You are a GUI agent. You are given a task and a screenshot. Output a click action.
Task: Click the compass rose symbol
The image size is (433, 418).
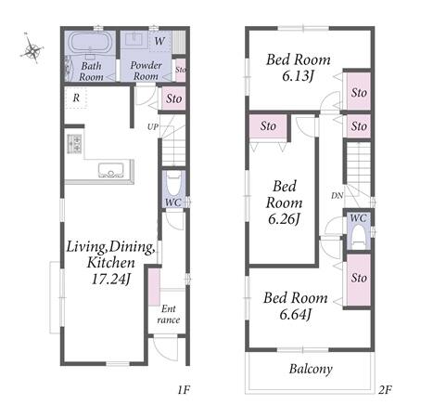pyautogui.click(x=32, y=49)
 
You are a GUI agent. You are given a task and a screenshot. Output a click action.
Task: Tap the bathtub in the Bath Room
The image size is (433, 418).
pyautogui.click(x=90, y=43)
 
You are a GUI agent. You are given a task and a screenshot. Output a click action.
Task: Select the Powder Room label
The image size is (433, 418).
pyautogui.click(x=146, y=71)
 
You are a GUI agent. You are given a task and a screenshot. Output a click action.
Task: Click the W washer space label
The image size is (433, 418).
pyautogui.click(x=159, y=41)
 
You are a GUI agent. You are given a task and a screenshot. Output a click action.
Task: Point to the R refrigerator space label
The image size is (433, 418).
pyautogui.click(x=76, y=98)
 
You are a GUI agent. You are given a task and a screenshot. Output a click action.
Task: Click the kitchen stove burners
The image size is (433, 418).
pyautogui.click(x=74, y=144)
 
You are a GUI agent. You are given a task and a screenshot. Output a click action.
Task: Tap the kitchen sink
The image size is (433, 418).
pyautogui.click(x=111, y=170)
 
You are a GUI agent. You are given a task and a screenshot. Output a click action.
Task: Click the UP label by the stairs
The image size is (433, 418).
pyautogui.click(x=153, y=126)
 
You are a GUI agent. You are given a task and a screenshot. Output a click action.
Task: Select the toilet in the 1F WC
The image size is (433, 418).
pyautogui.click(x=173, y=184)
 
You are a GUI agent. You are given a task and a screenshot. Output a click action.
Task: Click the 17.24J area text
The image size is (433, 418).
pyautogui.click(x=110, y=279)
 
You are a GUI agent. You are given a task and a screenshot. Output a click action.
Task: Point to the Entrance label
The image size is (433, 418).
pyautogui.click(x=169, y=314)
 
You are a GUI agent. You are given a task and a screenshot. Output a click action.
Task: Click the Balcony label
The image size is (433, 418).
pyautogui.click(x=311, y=369)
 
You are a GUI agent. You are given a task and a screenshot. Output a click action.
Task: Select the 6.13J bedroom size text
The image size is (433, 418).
pyautogui.click(x=298, y=75)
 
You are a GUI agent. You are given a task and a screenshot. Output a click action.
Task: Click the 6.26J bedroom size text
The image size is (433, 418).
pyautogui.click(x=284, y=219)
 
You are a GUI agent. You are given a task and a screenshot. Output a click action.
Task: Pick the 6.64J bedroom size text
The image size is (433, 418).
pyautogui.click(x=295, y=314)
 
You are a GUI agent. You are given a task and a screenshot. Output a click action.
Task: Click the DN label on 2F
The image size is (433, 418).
pyautogui.click(x=337, y=196)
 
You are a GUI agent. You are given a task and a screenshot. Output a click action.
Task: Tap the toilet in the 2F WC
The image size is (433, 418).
pyautogui.click(x=359, y=235)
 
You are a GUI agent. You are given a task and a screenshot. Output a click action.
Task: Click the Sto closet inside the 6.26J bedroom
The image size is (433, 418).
pyautogui.click(x=268, y=126)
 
